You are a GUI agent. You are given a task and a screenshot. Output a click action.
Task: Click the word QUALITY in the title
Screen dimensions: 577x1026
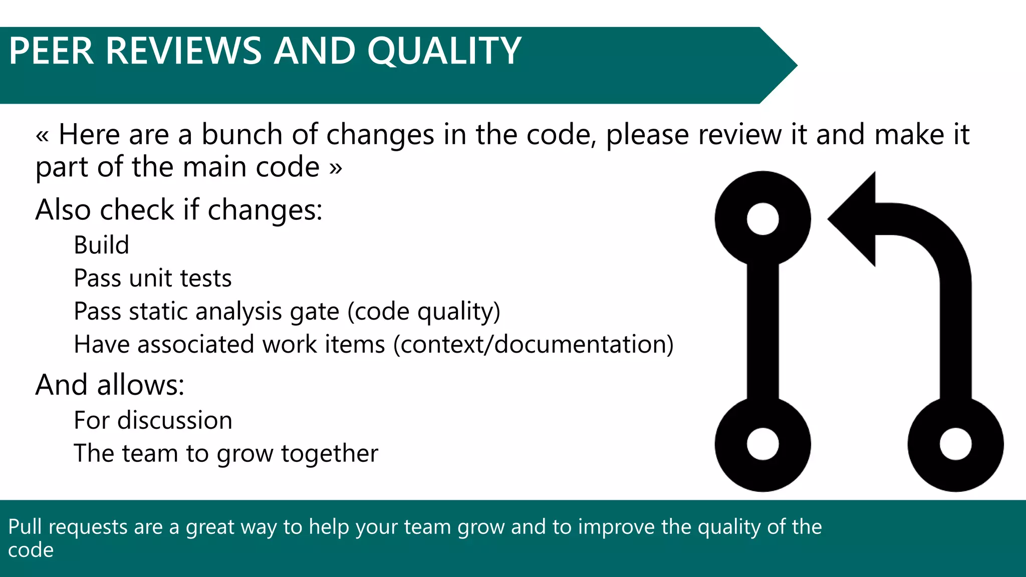(x=444, y=51)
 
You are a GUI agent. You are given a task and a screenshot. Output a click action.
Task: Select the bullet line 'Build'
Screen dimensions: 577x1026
(x=101, y=245)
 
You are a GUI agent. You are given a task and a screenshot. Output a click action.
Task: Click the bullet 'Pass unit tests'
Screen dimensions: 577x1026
(x=152, y=278)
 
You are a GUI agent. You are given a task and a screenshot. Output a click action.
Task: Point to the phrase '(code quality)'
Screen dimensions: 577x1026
(x=424, y=312)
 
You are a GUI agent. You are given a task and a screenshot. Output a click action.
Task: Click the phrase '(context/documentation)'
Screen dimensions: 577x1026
(x=534, y=345)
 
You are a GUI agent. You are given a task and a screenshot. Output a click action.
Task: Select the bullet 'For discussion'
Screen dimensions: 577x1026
(x=153, y=420)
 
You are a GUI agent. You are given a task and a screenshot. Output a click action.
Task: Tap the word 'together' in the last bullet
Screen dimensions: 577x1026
(x=329, y=454)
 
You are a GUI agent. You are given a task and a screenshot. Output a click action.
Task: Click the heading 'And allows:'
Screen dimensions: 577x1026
(x=110, y=385)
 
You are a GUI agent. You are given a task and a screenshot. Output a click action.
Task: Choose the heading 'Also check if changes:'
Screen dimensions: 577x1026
(x=179, y=210)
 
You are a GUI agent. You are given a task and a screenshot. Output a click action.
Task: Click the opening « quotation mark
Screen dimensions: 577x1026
(x=42, y=136)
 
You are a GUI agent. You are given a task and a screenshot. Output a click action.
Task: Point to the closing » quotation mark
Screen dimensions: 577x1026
(x=336, y=168)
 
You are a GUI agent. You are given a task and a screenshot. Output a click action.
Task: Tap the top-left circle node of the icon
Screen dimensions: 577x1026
(x=762, y=219)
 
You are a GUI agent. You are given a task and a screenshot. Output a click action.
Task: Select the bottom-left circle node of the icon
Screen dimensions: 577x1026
(x=762, y=444)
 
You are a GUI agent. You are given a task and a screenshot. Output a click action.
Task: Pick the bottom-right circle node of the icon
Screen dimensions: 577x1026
(x=955, y=444)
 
